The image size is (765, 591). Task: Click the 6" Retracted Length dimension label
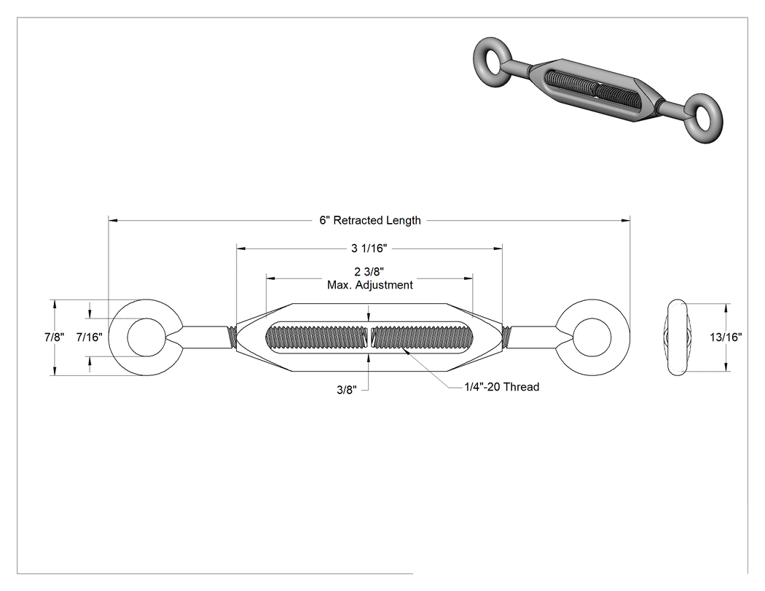(x=370, y=221)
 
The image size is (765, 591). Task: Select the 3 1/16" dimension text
(x=369, y=248)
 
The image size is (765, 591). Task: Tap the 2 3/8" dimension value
(x=369, y=272)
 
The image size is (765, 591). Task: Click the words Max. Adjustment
(x=370, y=285)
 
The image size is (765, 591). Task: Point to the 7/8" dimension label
(x=54, y=337)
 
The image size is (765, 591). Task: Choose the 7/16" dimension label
(x=90, y=337)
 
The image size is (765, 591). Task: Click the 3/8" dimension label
(x=347, y=390)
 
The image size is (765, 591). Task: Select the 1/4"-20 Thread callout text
(x=501, y=387)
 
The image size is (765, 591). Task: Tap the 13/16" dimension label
(x=726, y=337)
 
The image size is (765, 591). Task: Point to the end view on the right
(x=677, y=337)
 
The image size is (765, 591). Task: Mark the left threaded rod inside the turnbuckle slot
(x=316, y=337)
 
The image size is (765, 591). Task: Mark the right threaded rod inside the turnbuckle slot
(x=422, y=337)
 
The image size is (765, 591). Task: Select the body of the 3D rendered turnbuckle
(x=595, y=90)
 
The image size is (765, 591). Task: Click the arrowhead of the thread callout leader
(x=405, y=351)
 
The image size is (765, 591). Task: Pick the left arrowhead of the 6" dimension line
(x=113, y=221)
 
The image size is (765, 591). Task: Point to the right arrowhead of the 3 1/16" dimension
(x=498, y=249)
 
